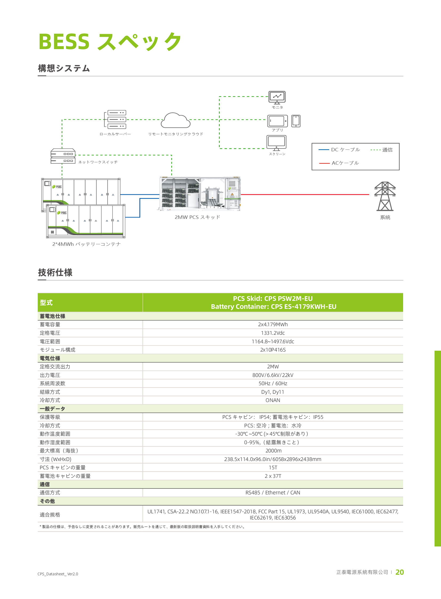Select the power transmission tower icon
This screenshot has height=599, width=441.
coord(385,196)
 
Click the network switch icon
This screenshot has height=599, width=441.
coord(63,156)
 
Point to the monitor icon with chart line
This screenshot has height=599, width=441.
coord(277,97)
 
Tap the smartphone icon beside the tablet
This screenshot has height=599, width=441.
coord(296,121)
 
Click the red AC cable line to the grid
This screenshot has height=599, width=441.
coord(305,195)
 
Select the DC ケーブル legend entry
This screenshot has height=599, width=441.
coord(339,150)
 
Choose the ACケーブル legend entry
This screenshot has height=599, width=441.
coord(339,163)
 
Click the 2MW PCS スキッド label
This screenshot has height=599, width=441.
coord(197,217)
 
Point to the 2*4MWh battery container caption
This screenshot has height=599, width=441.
coord(86,244)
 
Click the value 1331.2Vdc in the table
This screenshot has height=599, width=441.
coord(273,333)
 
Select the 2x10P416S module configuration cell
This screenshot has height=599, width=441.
coord(273,350)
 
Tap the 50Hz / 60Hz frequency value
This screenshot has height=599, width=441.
coord(273,383)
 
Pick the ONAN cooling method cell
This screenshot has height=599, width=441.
coord(273,400)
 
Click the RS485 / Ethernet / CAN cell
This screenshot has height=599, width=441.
coord(273,492)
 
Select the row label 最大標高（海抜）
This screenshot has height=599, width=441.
coord(59,451)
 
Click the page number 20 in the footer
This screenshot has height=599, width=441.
coord(400,572)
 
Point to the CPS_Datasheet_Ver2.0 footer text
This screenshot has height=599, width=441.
coord(58,574)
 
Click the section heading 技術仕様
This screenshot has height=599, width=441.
coord(55,272)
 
